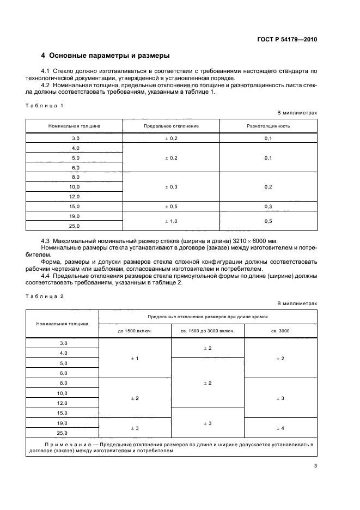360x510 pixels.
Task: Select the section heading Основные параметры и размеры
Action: [x=106, y=56]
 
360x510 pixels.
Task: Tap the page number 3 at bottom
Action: [x=315, y=465]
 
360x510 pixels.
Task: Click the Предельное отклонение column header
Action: [x=171, y=126]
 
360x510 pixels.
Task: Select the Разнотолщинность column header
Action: [x=268, y=126]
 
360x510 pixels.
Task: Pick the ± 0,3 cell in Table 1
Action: [x=171, y=187]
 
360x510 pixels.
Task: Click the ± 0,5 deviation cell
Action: [x=171, y=207]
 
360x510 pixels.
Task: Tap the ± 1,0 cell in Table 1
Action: [x=171, y=221]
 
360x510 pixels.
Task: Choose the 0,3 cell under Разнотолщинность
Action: [x=268, y=207]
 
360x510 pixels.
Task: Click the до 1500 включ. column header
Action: [x=135, y=331]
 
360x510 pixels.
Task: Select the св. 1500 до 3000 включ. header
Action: [x=208, y=331]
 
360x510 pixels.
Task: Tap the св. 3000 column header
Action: [x=280, y=331]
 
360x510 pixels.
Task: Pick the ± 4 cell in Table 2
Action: [x=280, y=428]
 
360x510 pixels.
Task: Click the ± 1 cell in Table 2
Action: [x=135, y=359]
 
